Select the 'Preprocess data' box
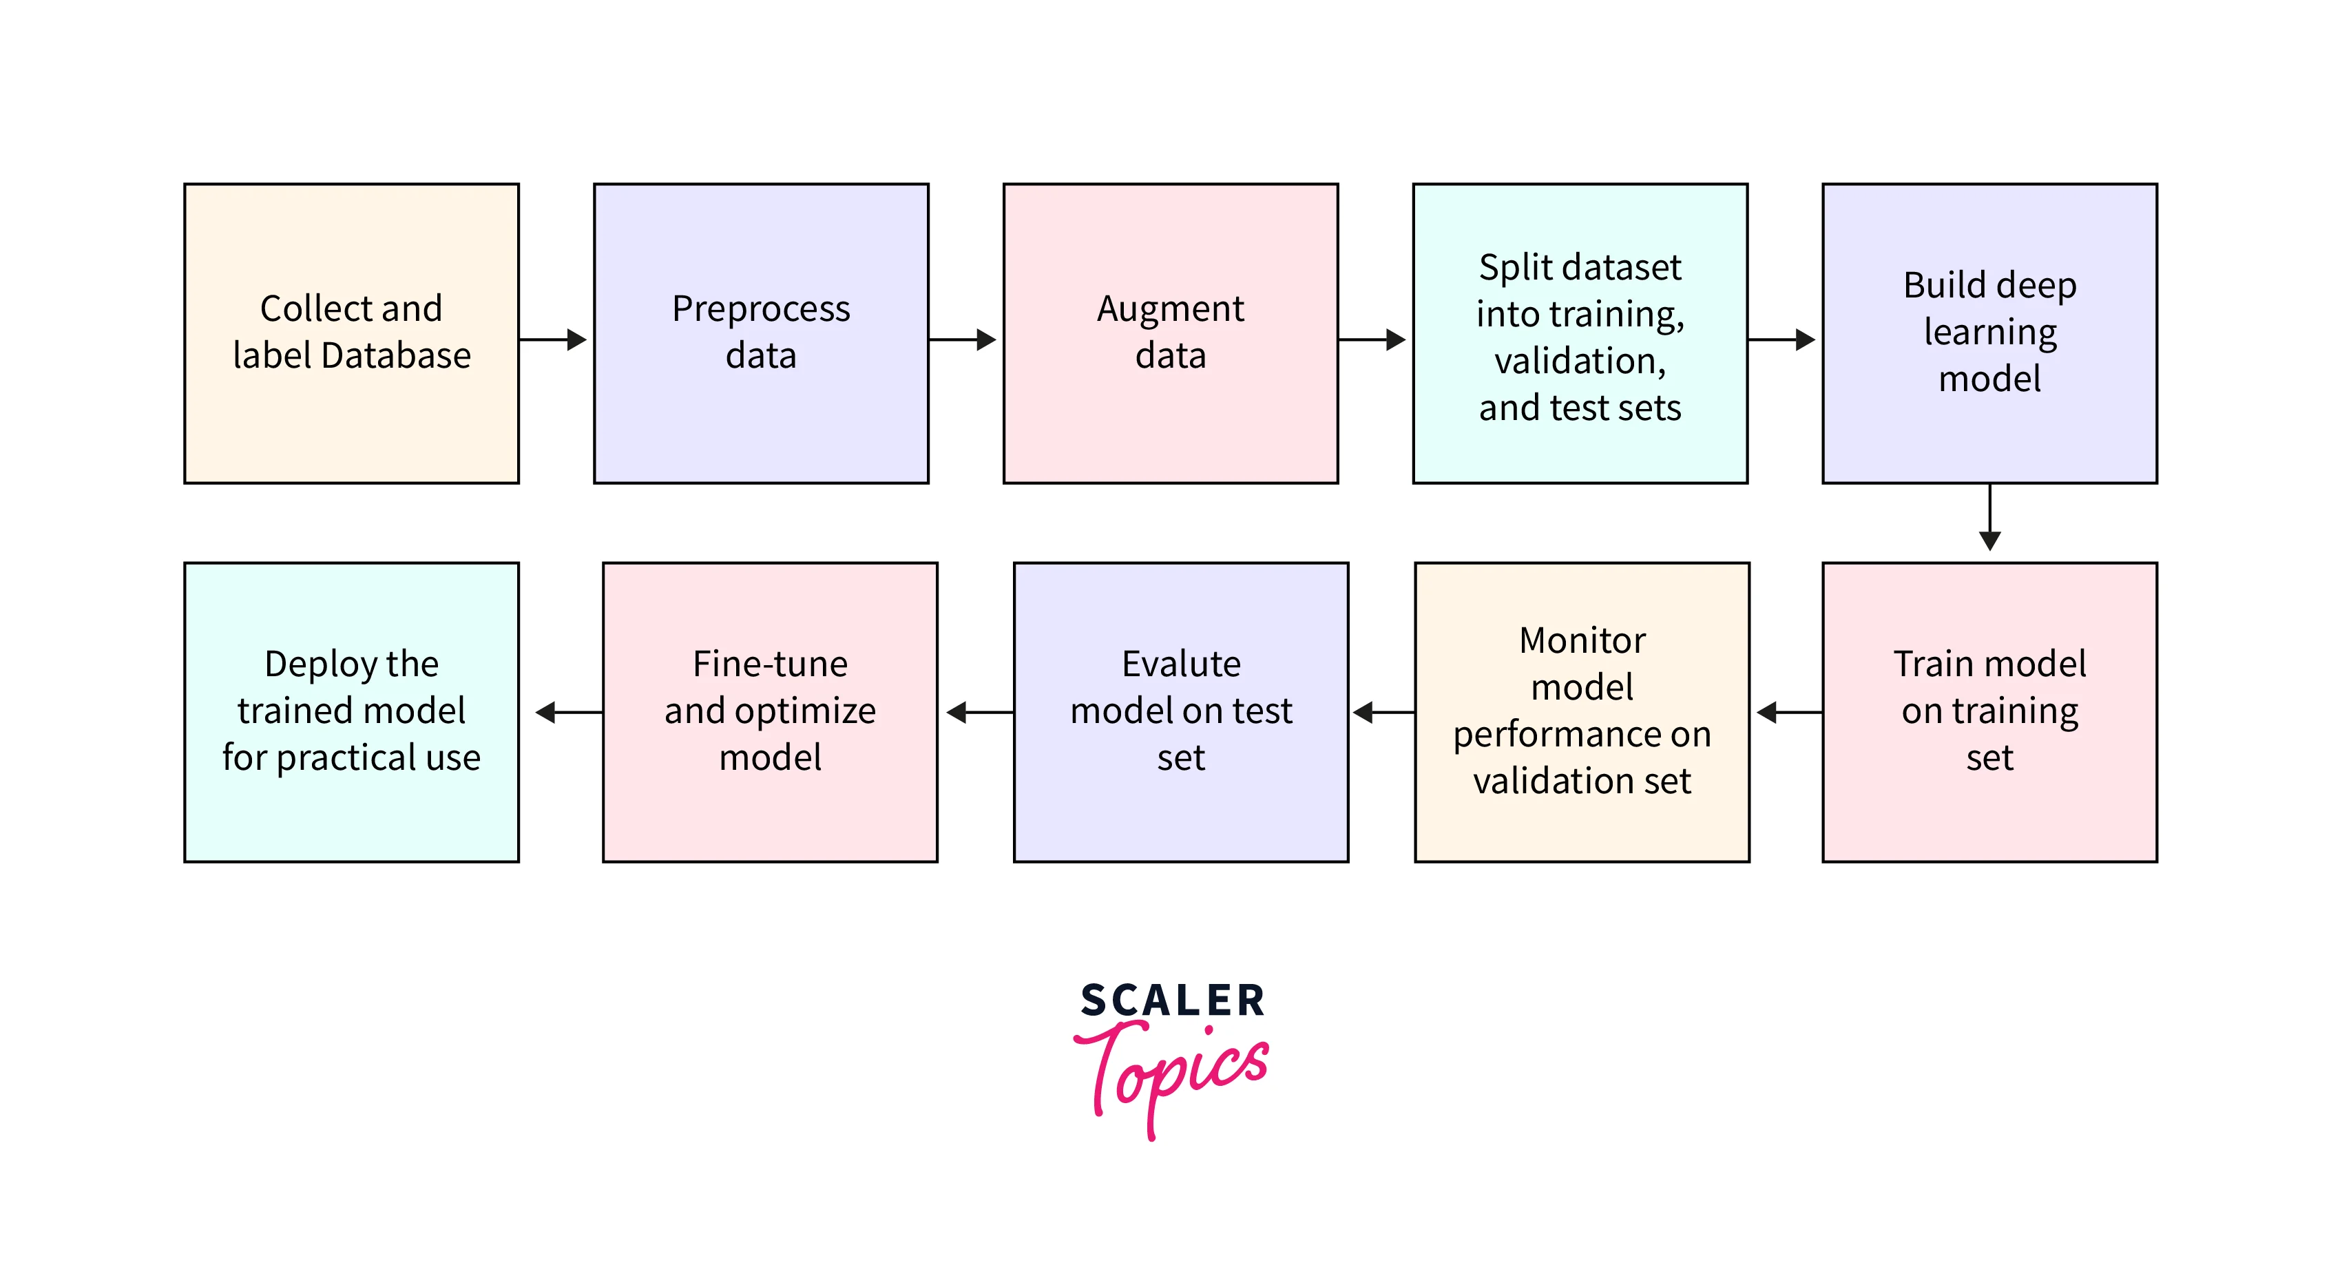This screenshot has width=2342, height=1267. [x=761, y=333]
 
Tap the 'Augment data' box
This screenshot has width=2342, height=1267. [x=1170, y=333]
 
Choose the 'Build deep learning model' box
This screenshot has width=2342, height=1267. [x=1989, y=333]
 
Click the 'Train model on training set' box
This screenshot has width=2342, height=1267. [x=1989, y=712]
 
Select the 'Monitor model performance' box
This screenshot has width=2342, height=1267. [x=1582, y=712]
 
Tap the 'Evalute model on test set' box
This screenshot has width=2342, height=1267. [x=1180, y=712]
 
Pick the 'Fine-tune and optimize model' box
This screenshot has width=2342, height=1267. [x=770, y=712]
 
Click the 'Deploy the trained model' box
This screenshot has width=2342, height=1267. [x=351, y=712]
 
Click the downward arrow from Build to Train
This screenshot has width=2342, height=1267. [x=1989, y=518]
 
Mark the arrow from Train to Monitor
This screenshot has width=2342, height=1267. [x=1788, y=713]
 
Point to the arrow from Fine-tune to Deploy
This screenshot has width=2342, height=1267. [x=567, y=713]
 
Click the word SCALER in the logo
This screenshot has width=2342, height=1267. [x=1172, y=1001]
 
